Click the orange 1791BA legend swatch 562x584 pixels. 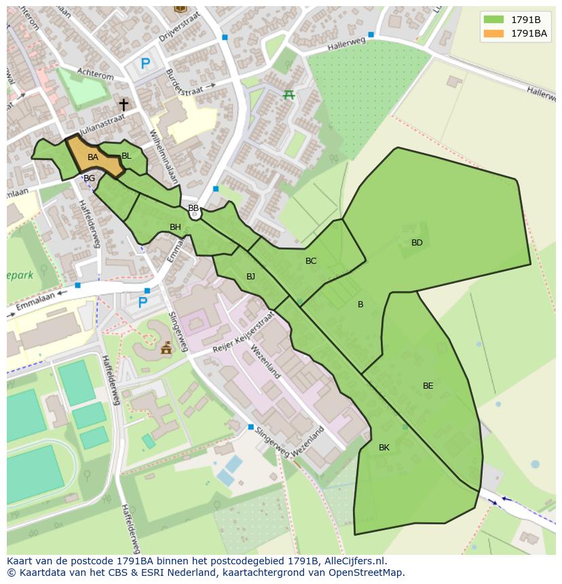pos(493,33)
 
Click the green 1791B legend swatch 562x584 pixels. pos(493,20)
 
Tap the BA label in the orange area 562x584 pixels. pos(93,157)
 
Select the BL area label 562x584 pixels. pos(126,156)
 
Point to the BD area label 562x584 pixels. pos(417,243)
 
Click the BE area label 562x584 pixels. pos(428,386)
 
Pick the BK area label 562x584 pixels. pos(384,448)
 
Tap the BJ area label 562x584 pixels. pos(250,276)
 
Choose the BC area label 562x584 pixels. pos(311,261)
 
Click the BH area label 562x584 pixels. pos(175,227)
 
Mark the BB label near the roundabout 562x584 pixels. pos(193,208)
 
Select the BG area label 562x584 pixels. pos(89,178)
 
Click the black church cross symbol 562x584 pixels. pos(124,104)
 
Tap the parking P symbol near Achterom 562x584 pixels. pos(145,64)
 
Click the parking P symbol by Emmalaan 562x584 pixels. pos(143,303)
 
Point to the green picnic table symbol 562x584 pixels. pos(288,94)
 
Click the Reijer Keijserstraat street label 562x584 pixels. pos(243,332)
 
